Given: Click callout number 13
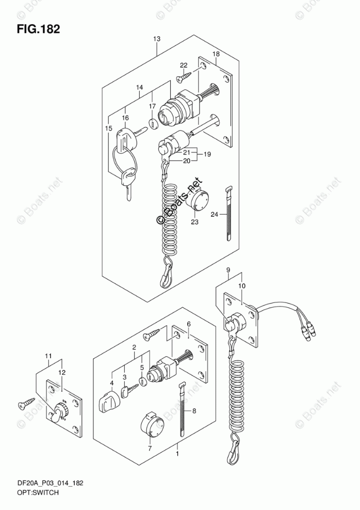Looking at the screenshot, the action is tap(157, 39).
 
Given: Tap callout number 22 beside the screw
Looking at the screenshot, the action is tap(184, 65).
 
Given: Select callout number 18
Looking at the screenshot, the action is tap(217, 54).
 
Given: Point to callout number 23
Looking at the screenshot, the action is tap(194, 223).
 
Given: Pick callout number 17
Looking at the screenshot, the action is tap(152, 106).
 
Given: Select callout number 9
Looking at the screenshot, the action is tap(228, 270).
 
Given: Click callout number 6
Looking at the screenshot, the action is tap(189, 324).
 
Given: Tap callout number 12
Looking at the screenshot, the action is tap(61, 373).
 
